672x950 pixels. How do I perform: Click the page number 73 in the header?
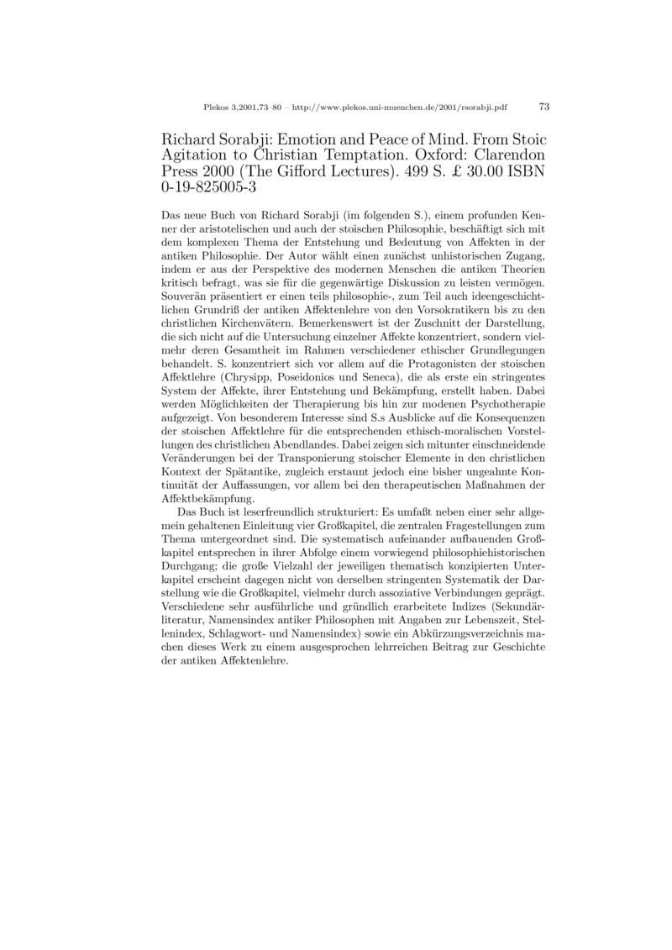543,107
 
